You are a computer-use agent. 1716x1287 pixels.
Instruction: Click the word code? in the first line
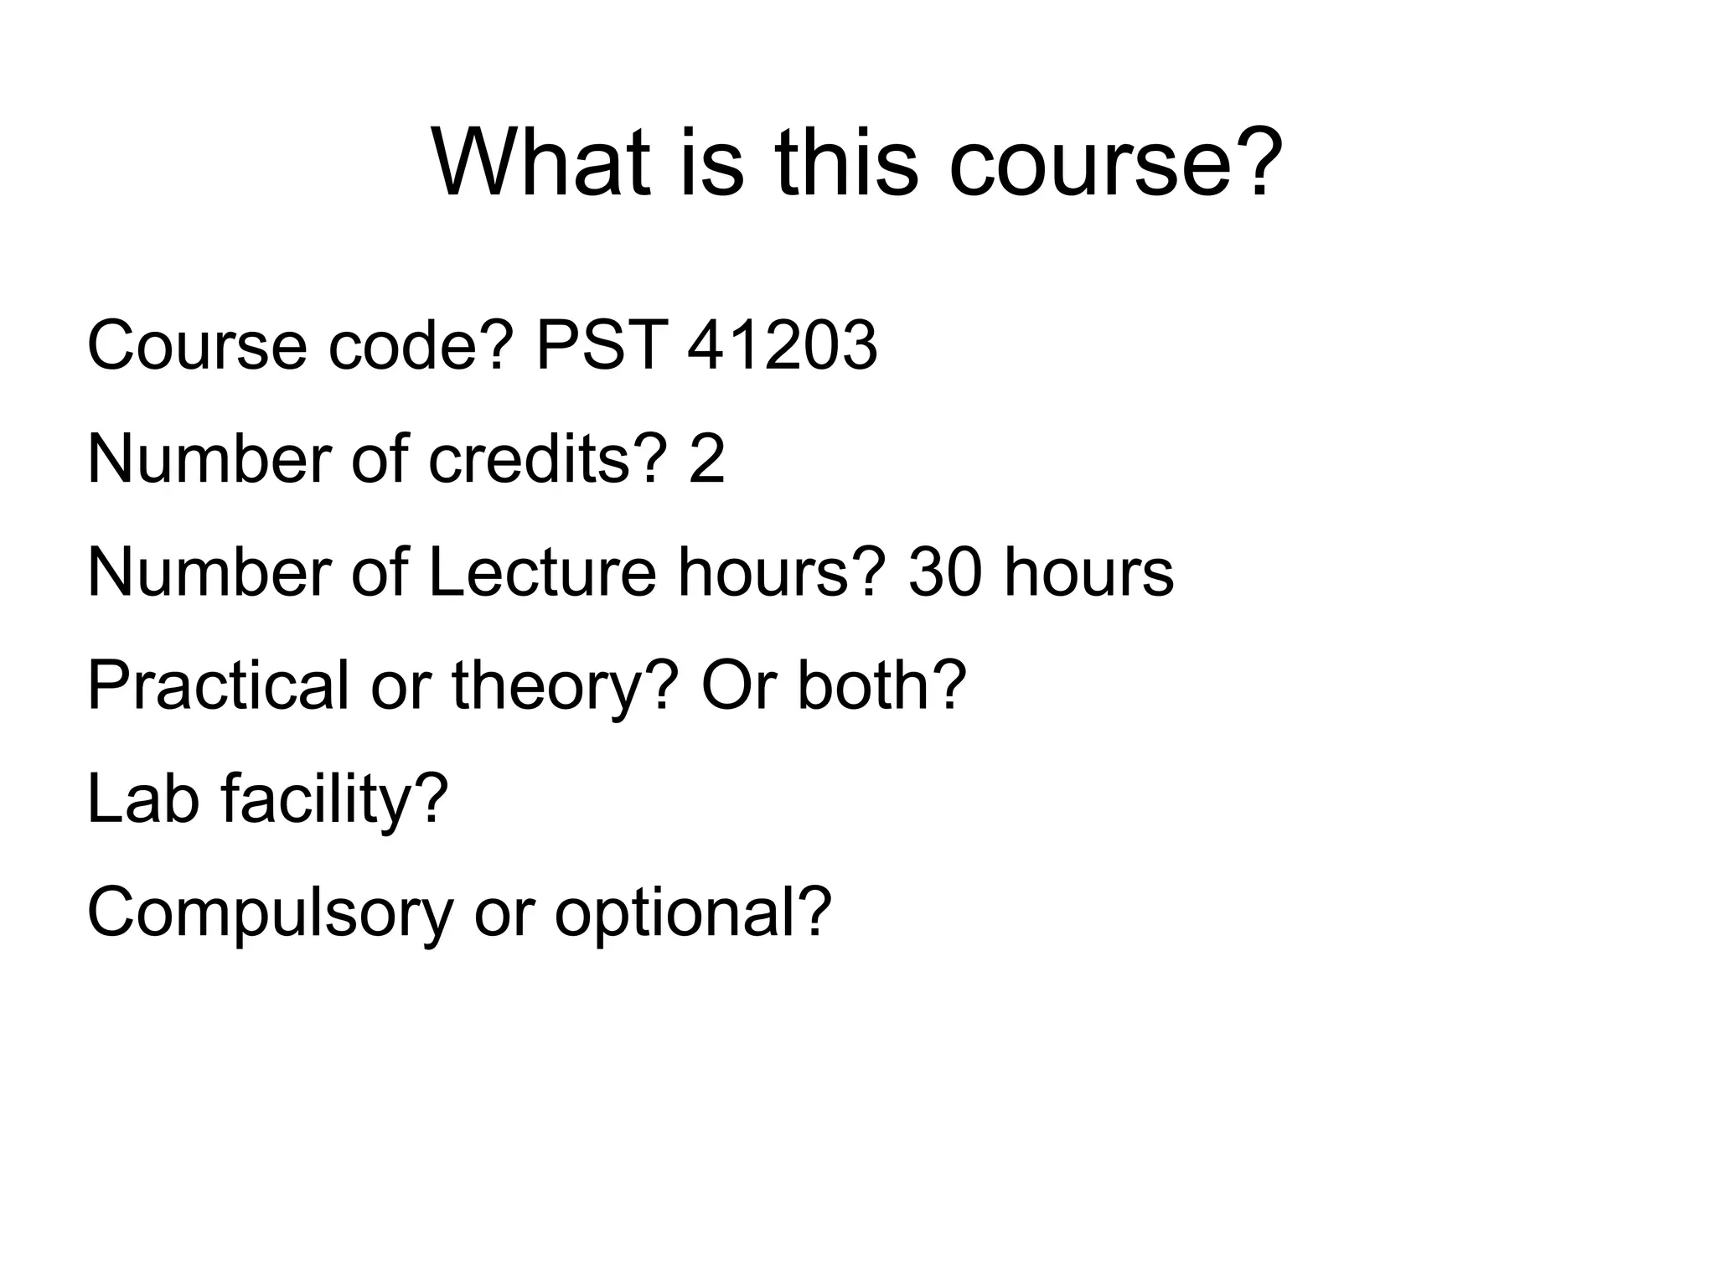420,345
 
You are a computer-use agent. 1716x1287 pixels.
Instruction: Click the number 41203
782,345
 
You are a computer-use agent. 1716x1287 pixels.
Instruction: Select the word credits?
548,459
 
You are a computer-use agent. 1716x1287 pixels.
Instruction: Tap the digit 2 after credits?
706,459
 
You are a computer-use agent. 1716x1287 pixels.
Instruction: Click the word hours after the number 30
1088,572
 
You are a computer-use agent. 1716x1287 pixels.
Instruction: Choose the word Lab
143,799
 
